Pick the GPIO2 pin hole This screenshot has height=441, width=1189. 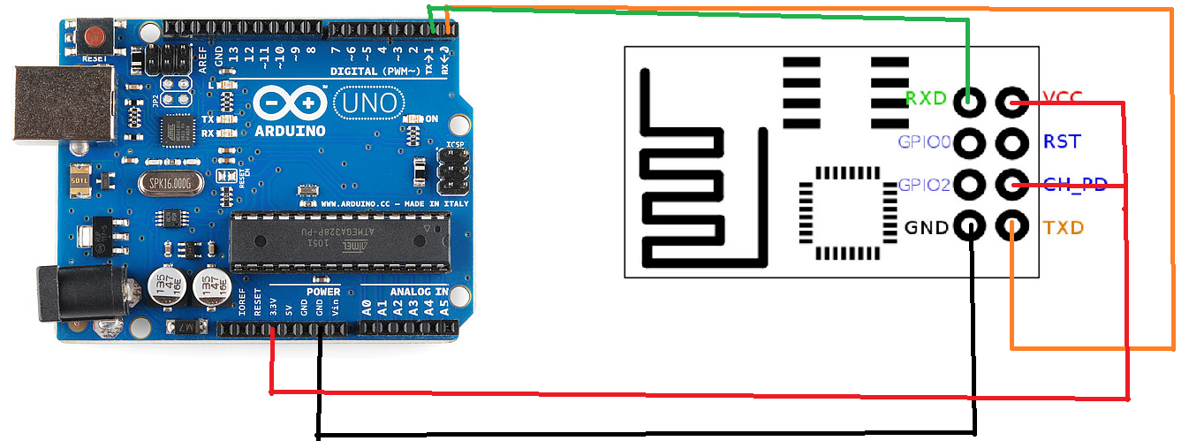[969, 185]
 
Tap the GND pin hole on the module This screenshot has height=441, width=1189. [969, 227]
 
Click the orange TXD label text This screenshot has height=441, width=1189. [1063, 228]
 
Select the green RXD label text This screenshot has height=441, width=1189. [926, 98]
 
